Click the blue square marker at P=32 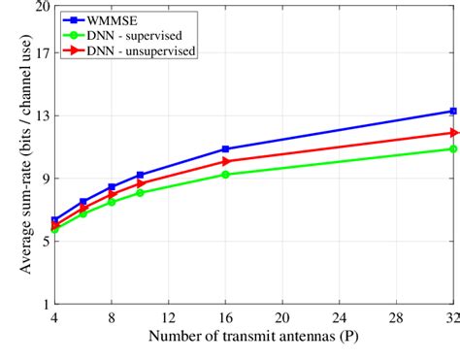pos(453,111)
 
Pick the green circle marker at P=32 pos(453,148)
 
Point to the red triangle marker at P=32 pos(453,132)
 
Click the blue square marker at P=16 pos(225,149)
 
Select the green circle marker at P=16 pos(225,175)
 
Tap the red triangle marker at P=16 pos(225,161)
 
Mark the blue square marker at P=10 pos(140,175)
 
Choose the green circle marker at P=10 pos(140,193)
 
